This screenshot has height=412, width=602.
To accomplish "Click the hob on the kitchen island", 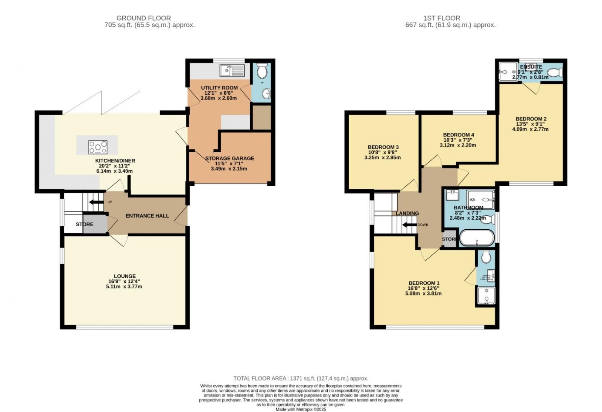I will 98,147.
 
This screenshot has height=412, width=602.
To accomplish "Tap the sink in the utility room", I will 232,70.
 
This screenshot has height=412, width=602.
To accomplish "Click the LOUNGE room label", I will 125,276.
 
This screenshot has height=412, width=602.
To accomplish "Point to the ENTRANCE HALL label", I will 147,216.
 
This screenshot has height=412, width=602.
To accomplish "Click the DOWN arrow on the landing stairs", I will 408,225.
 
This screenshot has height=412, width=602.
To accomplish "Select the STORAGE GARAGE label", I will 230,158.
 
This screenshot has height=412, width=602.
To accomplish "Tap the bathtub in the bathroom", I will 477,238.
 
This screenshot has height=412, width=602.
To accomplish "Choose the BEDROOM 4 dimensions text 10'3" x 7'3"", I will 458,140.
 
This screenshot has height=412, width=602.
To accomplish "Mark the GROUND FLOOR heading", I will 143,18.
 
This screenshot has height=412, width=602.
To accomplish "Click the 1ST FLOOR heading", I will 441,18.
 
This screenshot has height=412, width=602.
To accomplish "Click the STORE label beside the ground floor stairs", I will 85,224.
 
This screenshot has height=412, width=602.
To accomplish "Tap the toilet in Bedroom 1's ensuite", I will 486,257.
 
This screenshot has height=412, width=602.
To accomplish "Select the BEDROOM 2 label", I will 531,119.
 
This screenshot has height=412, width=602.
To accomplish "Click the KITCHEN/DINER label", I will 115,161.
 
